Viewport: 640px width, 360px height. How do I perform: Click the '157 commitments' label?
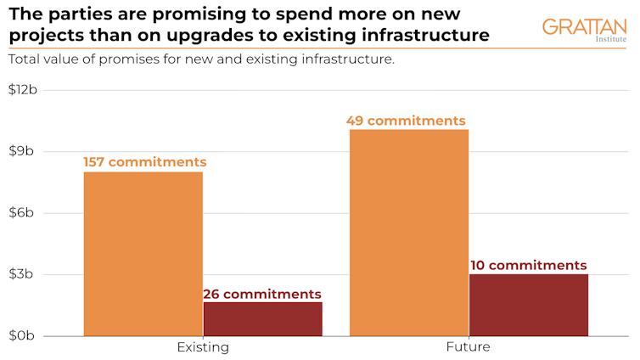pos(144,162)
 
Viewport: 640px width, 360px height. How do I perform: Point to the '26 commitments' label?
pos(262,294)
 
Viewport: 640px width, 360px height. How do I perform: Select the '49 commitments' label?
pos(406,121)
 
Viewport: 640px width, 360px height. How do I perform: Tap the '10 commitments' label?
pos(528,266)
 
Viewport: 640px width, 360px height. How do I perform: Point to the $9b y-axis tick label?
pos(27,152)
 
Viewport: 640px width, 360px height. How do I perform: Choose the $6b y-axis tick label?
pos(27,213)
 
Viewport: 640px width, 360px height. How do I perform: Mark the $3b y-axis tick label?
pos(27,274)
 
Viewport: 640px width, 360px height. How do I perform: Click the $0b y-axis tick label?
pos(27,335)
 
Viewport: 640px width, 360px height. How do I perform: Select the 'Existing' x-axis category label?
pos(203,347)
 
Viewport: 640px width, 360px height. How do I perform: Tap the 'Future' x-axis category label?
pos(468,347)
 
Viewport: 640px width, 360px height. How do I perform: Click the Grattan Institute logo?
pos(584,30)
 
